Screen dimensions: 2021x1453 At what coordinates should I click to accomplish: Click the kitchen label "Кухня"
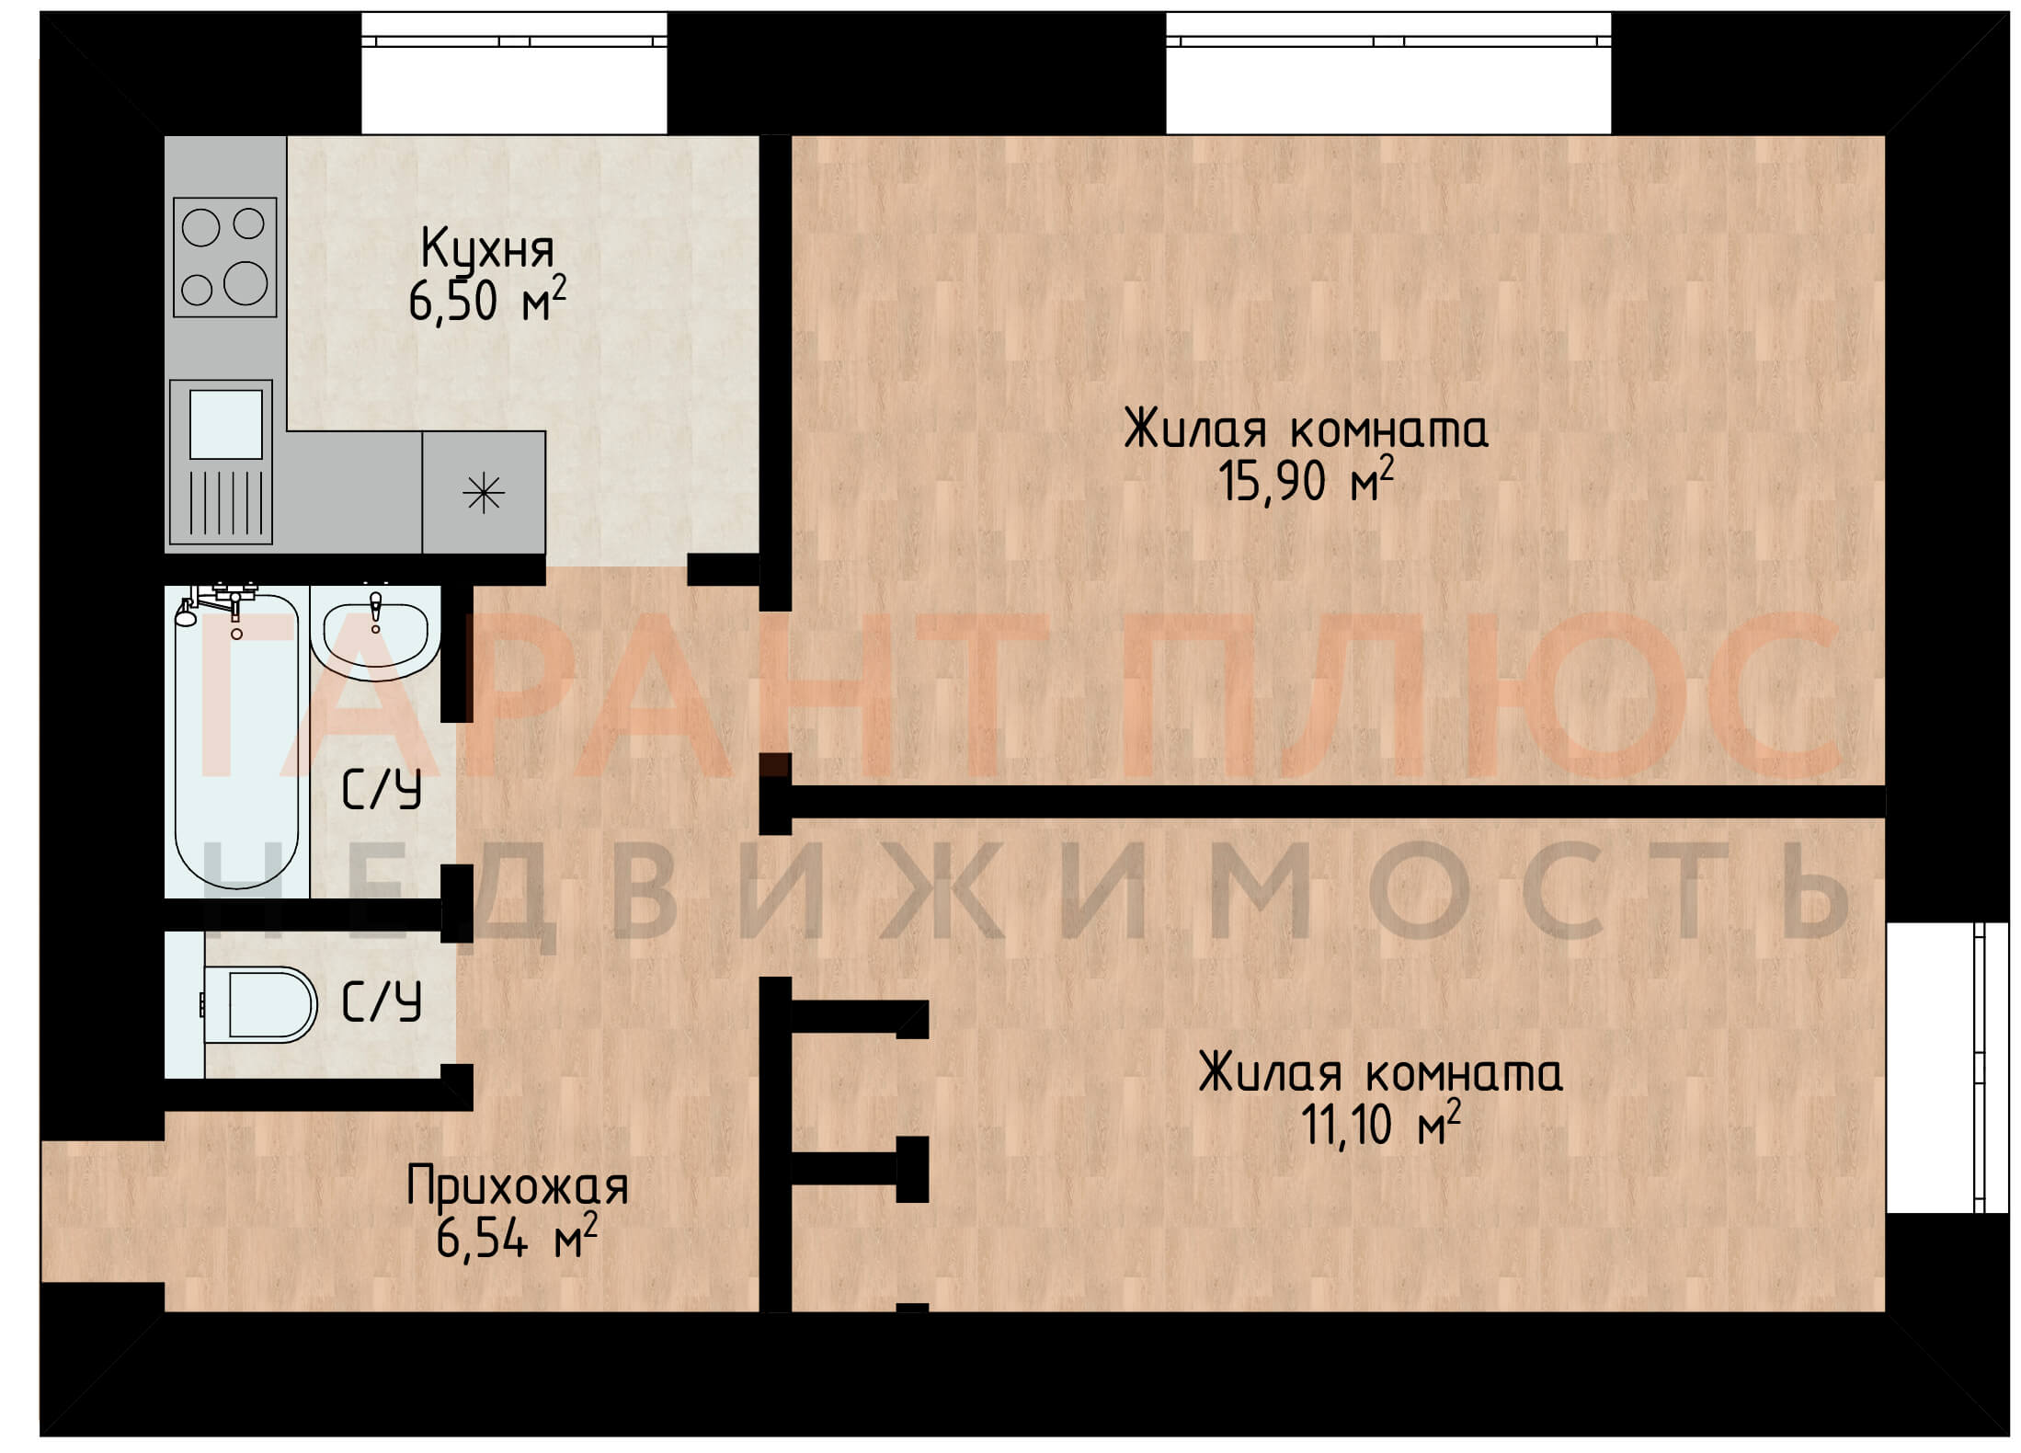click(x=487, y=250)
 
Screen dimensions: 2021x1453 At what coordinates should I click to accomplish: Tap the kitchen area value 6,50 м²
click(x=487, y=300)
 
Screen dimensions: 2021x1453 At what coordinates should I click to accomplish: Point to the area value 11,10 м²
click(x=1380, y=1124)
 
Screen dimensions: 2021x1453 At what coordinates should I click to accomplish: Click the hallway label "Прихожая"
click(x=518, y=1187)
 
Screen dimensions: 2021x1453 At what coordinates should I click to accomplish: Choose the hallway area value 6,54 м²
click(x=517, y=1237)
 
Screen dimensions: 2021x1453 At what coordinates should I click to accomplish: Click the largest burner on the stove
click(x=245, y=282)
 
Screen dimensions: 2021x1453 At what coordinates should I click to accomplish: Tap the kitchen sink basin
click(x=225, y=424)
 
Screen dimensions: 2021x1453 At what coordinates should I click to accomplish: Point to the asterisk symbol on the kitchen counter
click(x=484, y=495)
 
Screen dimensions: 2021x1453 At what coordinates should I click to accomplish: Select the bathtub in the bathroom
click(x=236, y=741)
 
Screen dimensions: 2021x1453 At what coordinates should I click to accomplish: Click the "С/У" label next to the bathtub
click(x=382, y=790)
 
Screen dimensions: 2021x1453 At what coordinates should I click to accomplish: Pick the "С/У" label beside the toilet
click(x=382, y=1001)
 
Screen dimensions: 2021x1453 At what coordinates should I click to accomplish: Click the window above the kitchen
click(x=514, y=74)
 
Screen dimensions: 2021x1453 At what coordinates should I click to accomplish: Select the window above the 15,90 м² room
click(x=1388, y=74)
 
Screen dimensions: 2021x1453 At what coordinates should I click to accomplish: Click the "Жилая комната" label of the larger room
click(x=1306, y=430)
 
